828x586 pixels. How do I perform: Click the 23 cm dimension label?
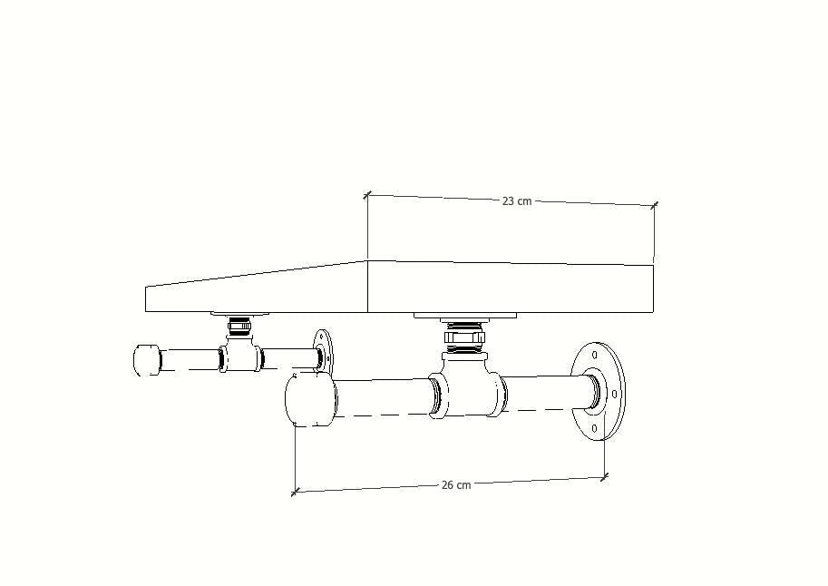[516, 200]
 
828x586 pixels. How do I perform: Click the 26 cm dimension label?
[456, 484]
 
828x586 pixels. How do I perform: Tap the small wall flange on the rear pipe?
[323, 351]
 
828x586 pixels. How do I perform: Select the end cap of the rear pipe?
[147, 360]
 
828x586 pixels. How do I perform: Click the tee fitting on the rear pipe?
[241, 353]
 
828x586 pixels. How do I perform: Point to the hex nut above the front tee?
[463, 337]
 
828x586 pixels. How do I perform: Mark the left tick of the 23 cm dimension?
[367, 195]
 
